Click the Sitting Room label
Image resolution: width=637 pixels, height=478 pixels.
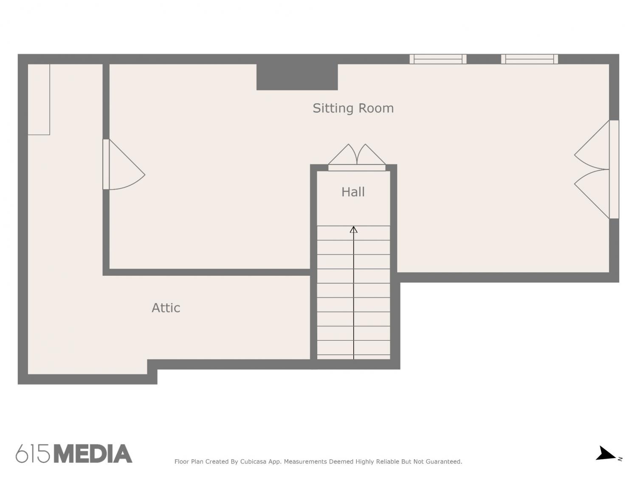(353, 108)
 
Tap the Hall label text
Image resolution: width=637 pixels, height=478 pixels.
(353, 192)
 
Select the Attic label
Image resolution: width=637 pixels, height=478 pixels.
(166, 308)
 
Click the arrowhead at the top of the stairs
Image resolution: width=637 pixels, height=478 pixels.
(353, 229)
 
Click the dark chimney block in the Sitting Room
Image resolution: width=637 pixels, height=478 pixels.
(297, 77)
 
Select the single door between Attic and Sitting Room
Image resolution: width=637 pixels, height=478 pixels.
(123, 164)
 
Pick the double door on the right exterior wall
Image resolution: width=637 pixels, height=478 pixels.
(596, 169)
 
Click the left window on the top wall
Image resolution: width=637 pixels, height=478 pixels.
(438, 59)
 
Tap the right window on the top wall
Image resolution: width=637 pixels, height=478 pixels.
(529, 59)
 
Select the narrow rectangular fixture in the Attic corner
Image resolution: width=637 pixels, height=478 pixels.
(39, 99)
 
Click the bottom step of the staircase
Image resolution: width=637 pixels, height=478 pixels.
(353, 357)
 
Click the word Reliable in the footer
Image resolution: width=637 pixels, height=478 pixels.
(387, 462)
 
